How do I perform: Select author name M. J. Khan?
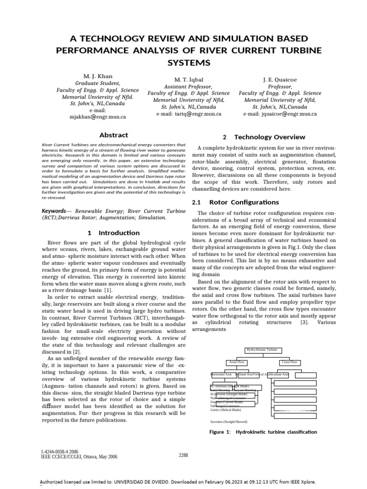(x=97, y=76)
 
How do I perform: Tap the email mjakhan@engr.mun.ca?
(x=97, y=116)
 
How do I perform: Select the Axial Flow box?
(x=237, y=362)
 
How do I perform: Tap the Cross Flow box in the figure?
(x=289, y=362)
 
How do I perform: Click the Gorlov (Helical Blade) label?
(x=226, y=410)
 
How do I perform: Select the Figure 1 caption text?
(x=263, y=432)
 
